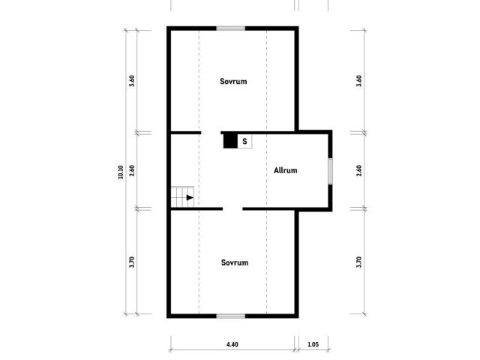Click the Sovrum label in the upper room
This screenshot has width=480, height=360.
(x=233, y=82)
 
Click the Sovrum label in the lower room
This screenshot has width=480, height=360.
(x=235, y=262)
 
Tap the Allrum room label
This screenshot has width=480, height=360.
(x=285, y=170)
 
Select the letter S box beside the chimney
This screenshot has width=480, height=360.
(x=244, y=142)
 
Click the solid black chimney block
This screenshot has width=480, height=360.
(x=230, y=142)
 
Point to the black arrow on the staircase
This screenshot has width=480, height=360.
(x=190, y=198)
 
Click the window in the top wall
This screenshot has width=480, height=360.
(x=231, y=28)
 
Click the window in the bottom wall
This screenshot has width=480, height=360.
(x=231, y=316)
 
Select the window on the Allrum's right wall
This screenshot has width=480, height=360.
(x=330, y=172)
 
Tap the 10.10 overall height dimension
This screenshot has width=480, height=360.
(x=121, y=172)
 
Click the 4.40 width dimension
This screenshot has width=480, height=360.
(x=232, y=345)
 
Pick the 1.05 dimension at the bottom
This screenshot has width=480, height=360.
(x=313, y=345)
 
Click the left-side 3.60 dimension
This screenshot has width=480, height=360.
(x=132, y=81)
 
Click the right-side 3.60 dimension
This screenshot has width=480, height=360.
(x=359, y=81)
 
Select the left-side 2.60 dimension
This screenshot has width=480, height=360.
(x=132, y=170)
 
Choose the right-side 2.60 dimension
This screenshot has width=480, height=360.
(x=359, y=170)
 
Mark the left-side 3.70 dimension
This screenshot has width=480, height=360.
(x=132, y=262)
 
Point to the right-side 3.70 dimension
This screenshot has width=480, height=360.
(x=359, y=262)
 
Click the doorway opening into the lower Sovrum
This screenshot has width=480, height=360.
(x=232, y=209)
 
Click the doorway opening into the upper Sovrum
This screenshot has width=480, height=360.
(x=211, y=133)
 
